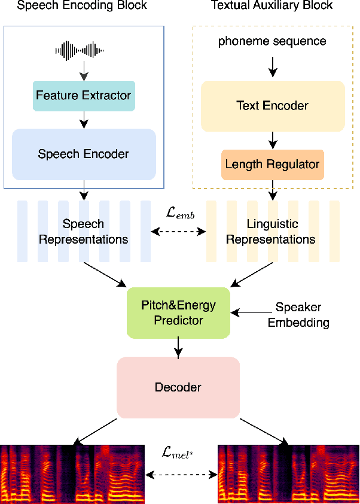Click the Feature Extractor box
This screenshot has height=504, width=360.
click(84, 96)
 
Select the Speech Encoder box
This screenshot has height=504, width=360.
click(84, 154)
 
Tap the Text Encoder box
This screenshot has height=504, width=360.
click(273, 106)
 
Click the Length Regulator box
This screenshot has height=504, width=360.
click(273, 164)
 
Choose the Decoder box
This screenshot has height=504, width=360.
click(178, 387)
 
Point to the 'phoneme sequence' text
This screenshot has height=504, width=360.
click(273, 41)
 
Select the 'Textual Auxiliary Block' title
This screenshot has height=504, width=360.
click(273, 6)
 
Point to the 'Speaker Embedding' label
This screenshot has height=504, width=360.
click(298, 315)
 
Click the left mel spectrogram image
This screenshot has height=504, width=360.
click(72, 475)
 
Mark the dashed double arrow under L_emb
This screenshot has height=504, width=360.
click(180, 231)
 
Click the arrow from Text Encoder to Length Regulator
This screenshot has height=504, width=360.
click(273, 140)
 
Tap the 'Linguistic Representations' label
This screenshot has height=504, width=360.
click(270, 232)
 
